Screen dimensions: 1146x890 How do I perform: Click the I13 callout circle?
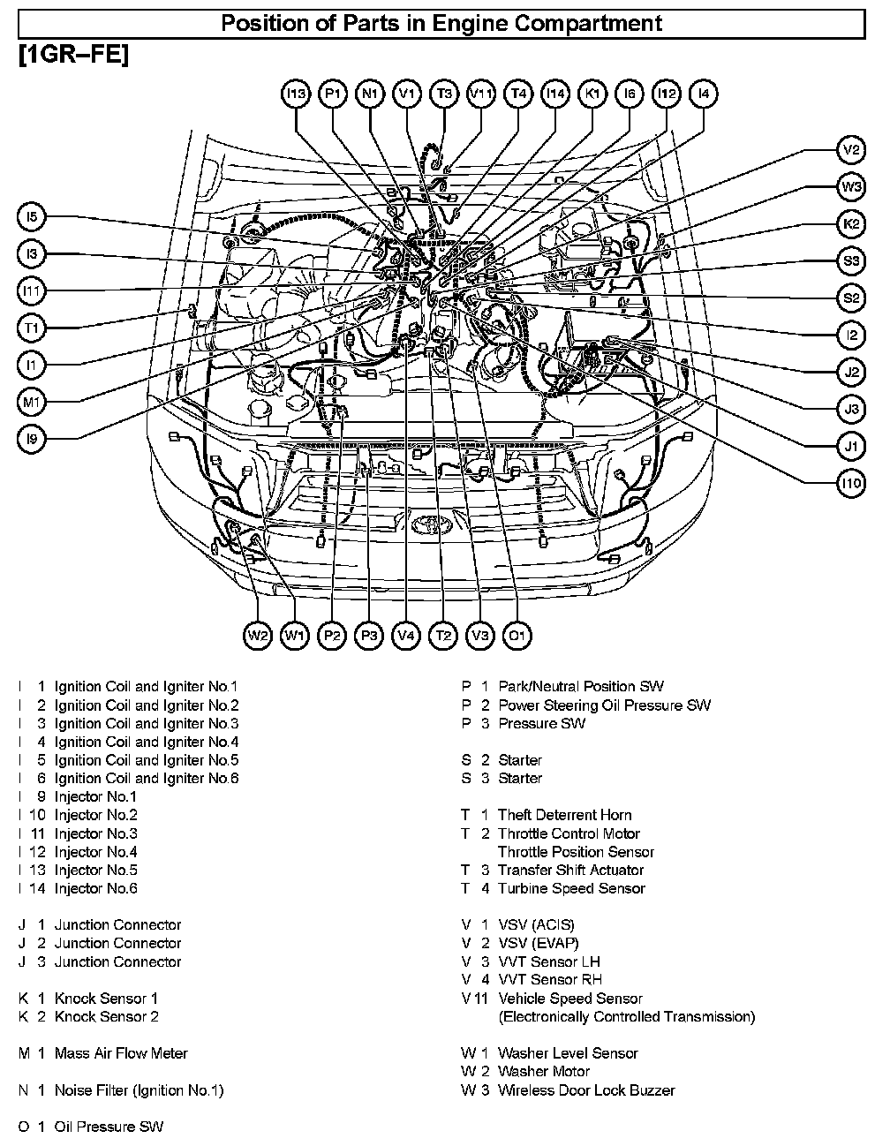coord(296,94)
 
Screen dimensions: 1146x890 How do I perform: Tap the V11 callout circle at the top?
coord(481,94)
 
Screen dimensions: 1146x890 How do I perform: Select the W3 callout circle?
coord(851,187)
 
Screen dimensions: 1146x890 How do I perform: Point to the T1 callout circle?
coord(32,328)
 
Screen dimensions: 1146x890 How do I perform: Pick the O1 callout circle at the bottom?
coord(517,635)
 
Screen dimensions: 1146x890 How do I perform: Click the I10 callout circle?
coord(851,484)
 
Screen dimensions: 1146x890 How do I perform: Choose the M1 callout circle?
coord(32,403)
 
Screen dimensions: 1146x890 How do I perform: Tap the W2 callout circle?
coord(258,635)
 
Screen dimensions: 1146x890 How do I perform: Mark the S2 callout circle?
coord(851,298)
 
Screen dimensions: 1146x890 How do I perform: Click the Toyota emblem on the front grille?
coord(432,523)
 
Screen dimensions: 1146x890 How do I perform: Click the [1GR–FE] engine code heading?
coord(72,55)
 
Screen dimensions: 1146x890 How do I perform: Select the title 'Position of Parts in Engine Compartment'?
coord(441,23)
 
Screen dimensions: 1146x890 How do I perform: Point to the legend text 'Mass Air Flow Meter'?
coord(121,1053)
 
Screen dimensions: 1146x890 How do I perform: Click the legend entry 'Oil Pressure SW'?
coord(109,1127)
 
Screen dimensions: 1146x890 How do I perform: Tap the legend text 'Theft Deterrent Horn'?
coord(565,815)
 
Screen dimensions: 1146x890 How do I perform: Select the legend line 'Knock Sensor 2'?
coord(107,1016)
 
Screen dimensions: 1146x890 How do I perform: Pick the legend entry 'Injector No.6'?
coord(96,888)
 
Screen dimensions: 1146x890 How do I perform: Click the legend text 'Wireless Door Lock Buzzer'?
coord(586,1089)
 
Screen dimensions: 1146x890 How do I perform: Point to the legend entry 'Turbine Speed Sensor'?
coord(571,888)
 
